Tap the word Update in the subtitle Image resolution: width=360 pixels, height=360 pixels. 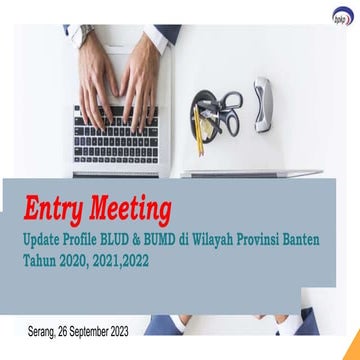[52, 241]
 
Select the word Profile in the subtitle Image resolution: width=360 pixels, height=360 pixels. [106, 241]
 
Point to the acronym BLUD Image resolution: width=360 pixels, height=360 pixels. [150, 241]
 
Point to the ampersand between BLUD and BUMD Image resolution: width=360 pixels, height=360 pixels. [177, 241]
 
